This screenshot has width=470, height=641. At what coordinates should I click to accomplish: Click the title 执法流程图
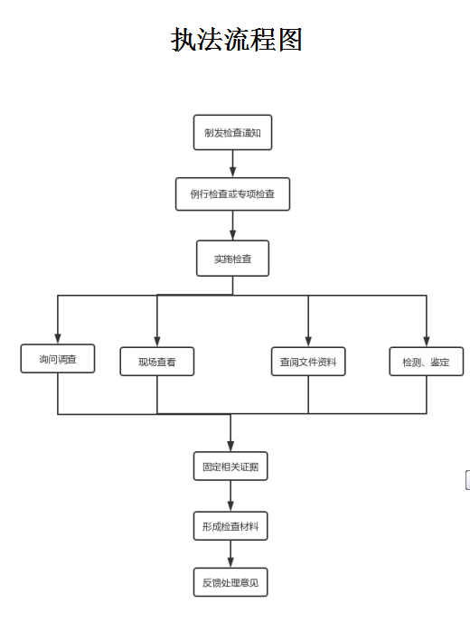point(237,40)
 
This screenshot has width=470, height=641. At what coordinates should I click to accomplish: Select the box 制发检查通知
point(232,133)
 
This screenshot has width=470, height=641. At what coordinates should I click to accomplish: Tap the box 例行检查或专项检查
point(232,194)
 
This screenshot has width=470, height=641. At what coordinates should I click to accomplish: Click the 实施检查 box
point(232,259)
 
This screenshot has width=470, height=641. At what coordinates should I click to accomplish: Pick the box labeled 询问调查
point(58,359)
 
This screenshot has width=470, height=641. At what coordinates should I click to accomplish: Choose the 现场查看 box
point(157,362)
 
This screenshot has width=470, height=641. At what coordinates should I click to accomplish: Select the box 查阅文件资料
point(308,362)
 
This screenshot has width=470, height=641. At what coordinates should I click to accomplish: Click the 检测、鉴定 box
point(426,362)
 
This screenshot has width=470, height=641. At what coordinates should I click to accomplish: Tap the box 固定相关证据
point(230,467)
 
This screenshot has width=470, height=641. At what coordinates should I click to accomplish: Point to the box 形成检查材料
point(230,525)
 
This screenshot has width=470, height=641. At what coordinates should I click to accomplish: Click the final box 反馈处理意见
point(230,582)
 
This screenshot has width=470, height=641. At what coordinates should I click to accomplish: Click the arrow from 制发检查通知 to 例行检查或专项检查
point(232,164)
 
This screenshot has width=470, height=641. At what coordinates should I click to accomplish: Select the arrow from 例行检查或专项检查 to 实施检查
point(232,226)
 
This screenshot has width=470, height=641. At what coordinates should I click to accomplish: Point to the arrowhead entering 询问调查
point(58,338)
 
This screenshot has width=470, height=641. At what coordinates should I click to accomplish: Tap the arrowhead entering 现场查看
point(157,341)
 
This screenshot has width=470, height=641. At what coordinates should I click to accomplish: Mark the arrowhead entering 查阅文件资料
point(308,341)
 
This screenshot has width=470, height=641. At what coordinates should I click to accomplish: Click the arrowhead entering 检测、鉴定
point(426,341)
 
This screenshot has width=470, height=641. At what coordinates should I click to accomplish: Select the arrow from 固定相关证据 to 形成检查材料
point(230,496)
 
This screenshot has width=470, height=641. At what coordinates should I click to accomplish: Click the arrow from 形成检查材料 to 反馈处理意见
point(230,554)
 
